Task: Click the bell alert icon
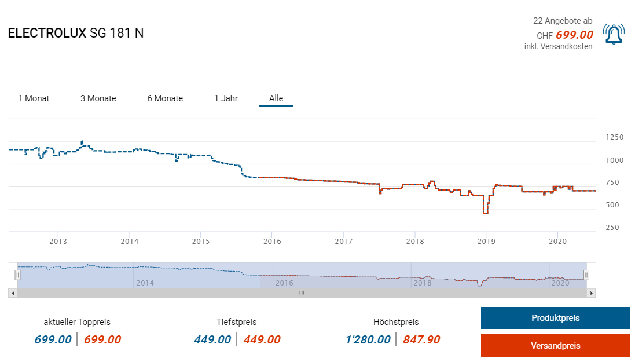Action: click(614, 34)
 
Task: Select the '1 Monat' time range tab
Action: click(34, 98)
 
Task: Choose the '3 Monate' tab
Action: click(98, 98)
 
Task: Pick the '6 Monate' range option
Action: click(165, 98)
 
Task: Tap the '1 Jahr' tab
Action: click(226, 98)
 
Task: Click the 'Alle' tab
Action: click(276, 98)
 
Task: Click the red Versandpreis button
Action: click(555, 346)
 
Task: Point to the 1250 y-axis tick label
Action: click(615, 137)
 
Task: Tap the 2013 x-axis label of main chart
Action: click(58, 241)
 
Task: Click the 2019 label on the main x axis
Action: click(486, 241)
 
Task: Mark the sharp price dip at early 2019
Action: click(485, 213)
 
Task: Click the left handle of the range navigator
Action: click(17, 275)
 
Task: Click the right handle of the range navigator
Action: click(586, 275)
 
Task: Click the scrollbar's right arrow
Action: click(591, 293)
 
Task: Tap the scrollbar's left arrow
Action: click(13, 293)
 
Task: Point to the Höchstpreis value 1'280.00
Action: click(368, 339)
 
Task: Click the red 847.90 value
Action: click(422, 339)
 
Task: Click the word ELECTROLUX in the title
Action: click(47, 34)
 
